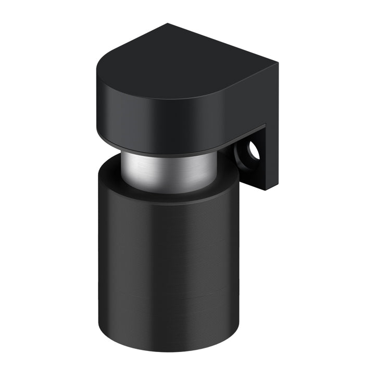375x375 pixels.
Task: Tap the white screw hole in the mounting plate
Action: [x=254, y=151]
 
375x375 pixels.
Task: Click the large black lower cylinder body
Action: [x=167, y=260]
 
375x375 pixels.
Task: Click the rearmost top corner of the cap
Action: [x=168, y=24]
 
